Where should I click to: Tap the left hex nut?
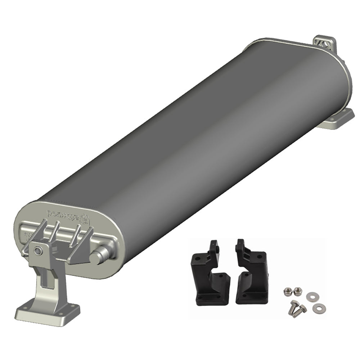[x=287, y=290]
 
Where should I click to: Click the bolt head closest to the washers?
[x=302, y=308]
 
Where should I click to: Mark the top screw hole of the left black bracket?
[x=218, y=247]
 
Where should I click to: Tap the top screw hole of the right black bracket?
[x=238, y=247]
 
